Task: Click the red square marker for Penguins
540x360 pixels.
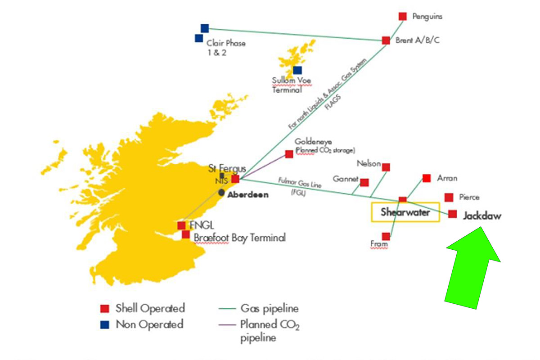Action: point(403,17)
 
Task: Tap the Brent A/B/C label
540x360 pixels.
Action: point(418,40)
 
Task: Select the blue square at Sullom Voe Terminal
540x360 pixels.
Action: point(297,70)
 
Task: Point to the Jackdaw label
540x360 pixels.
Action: point(482,216)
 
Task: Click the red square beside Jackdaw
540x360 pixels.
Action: point(453,214)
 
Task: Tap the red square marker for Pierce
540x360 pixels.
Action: point(449,198)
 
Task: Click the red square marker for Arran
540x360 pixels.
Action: point(427,178)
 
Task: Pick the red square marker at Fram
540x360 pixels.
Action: point(386,236)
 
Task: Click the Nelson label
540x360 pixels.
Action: point(369,163)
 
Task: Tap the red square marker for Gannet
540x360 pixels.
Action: point(364,182)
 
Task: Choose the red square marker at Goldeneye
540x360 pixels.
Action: point(289,154)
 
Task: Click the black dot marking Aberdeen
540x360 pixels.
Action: point(221,193)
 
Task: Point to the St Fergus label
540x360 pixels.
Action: point(227,169)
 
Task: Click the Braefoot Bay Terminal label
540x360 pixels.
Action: point(239,237)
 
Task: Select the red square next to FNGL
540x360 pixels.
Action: point(181,225)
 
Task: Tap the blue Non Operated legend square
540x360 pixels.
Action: point(104,324)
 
